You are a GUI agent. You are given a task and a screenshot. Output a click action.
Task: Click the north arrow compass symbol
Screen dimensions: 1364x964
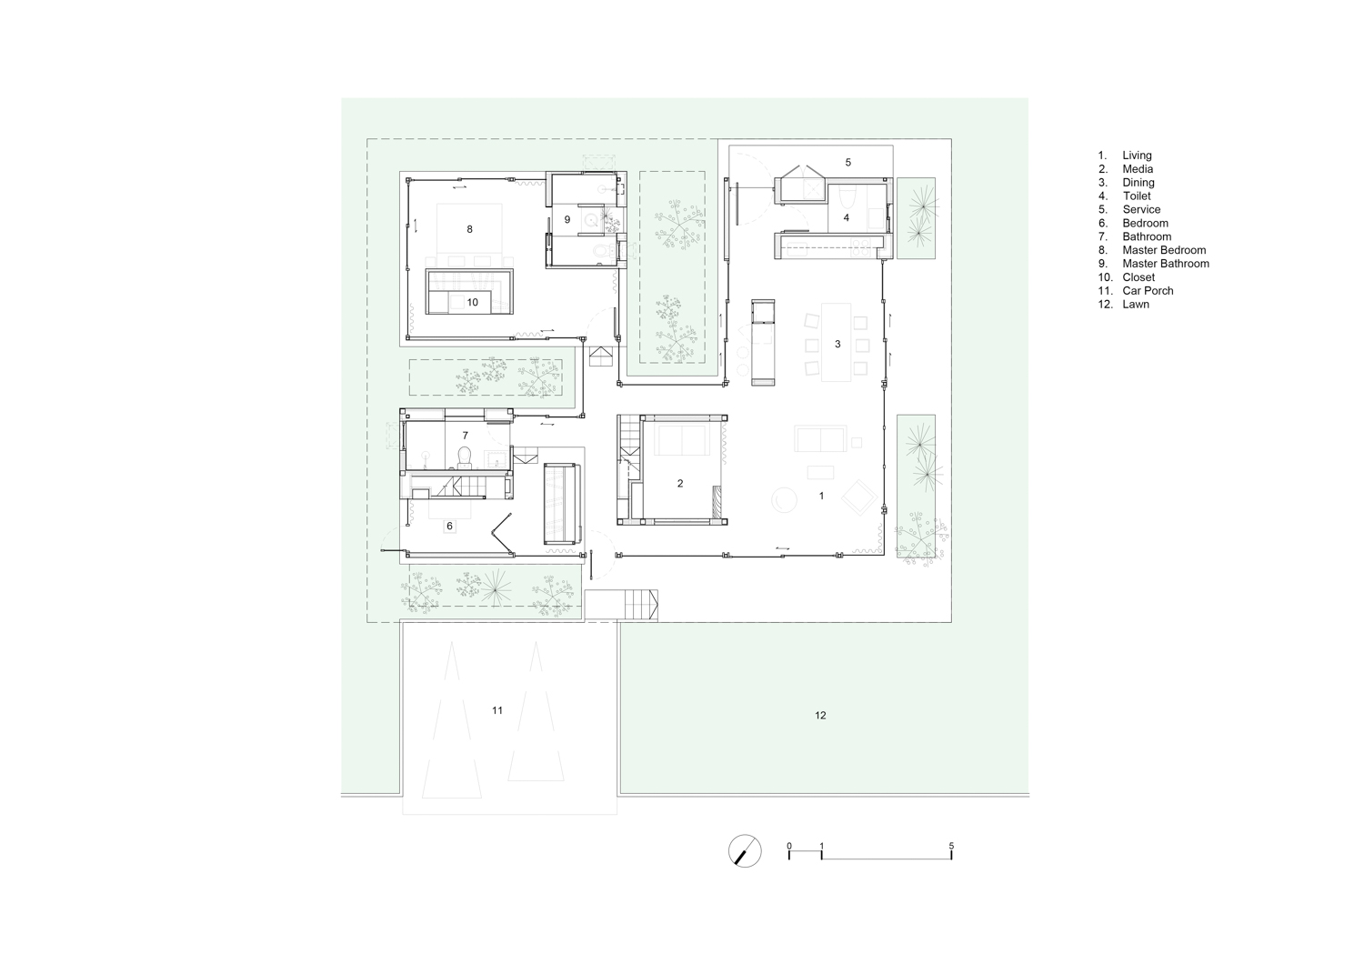pos(745,850)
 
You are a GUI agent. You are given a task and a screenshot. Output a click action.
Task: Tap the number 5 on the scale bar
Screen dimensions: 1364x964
pos(951,846)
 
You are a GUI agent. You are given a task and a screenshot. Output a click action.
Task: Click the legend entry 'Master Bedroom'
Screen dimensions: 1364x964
pos(1164,250)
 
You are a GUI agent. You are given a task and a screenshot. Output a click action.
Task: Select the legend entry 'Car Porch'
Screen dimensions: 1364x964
pos(1148,291)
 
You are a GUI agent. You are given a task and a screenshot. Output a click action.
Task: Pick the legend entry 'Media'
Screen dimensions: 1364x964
pos(1138,169)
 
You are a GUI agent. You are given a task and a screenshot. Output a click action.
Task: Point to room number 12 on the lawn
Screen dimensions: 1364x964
pos(820,716)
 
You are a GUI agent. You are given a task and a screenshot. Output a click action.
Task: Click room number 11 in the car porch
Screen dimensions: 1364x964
pos(497,710)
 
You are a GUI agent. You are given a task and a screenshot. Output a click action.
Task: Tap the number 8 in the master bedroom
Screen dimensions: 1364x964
pos(469,229)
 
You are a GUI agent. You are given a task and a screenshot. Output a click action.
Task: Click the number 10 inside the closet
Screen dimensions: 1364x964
pos(473,302)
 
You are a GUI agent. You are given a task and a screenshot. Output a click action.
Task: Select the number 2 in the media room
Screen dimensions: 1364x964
pos(680,484)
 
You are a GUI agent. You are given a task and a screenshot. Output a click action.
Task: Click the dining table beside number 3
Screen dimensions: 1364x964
pos(836,342)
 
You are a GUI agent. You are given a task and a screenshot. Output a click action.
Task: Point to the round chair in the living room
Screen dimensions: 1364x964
pos(784,500)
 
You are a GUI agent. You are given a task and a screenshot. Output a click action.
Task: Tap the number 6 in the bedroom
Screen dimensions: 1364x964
pos(449,527)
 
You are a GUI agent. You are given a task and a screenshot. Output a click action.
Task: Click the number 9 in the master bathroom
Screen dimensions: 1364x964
pos(567,219)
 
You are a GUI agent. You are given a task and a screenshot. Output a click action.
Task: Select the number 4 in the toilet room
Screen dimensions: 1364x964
pos(846,217)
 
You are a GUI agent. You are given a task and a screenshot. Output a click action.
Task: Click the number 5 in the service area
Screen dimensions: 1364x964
pos(847,162)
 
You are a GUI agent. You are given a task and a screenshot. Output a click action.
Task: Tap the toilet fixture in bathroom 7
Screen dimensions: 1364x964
pos(465,457)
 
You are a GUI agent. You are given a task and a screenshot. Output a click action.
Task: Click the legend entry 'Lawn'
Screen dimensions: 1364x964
pos(1136,305)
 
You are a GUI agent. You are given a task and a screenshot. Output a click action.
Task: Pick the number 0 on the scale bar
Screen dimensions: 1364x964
pos(789,846)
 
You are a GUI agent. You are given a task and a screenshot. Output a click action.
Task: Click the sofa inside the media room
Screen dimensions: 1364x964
pos(681,439)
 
